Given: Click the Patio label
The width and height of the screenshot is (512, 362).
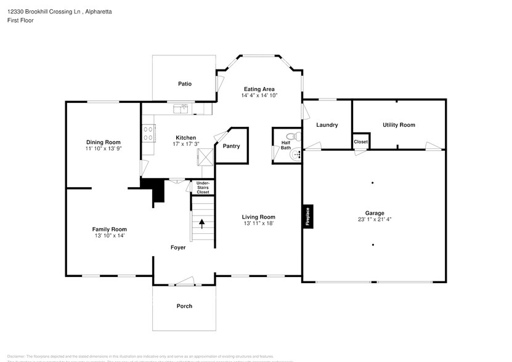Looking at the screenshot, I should point(184,84).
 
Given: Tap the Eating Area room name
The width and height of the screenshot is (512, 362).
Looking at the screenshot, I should point(259,89).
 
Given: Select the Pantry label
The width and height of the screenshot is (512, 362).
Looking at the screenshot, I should point(231,146).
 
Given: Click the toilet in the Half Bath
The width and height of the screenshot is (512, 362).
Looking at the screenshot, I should point(295,136).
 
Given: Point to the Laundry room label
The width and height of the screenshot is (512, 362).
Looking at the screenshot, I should point(327,125).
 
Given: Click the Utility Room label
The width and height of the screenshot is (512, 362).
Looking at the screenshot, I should point(399,125).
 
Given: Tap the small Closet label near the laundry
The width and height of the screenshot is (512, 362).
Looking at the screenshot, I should point(360,142).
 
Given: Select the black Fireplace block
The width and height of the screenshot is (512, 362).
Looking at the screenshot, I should point(307,216).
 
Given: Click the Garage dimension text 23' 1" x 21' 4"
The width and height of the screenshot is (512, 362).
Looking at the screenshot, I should point(374,220).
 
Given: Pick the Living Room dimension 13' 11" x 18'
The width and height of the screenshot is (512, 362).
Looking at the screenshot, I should point(258,223).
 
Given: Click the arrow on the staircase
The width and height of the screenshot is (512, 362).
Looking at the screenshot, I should point(201,223).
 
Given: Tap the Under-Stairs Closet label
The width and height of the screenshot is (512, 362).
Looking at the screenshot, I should point(203,188).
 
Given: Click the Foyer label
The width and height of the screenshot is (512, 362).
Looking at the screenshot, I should point(178,247).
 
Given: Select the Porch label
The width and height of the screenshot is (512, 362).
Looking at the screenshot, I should point(184,306).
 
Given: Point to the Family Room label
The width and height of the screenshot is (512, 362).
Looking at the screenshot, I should point(110,229).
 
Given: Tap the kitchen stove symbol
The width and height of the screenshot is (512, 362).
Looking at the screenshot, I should point(148,133).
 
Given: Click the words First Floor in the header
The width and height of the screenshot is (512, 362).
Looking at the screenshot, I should point(21,20).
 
